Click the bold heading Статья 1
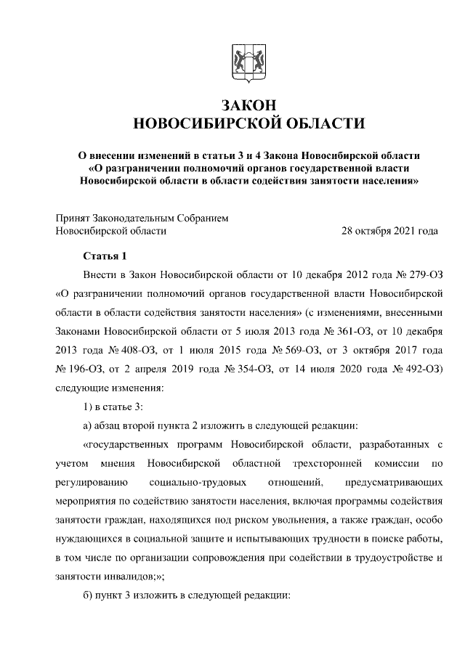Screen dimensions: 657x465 tap(105, 256)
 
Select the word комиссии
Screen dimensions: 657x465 tap(397, 463)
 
